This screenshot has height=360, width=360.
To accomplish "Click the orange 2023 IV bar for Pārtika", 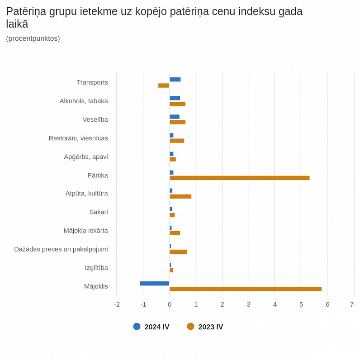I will [x=239, y=178].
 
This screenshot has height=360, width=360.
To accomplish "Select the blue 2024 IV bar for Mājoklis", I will [x=154, y=283].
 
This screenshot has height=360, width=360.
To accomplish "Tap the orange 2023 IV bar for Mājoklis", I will [x=246, y=289].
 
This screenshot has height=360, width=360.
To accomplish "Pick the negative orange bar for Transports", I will [x=164, y=85].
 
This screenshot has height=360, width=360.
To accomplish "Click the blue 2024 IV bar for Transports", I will [x=175, y=80].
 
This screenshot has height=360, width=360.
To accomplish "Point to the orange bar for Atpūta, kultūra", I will [x=180, y=196].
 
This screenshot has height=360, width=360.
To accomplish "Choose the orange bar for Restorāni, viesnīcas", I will [x=177, y=141].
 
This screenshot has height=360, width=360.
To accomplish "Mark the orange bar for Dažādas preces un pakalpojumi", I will [x=178, y=252].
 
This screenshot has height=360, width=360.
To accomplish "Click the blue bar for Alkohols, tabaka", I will [x=175, y=98].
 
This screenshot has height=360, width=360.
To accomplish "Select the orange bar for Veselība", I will [x=177, y=122].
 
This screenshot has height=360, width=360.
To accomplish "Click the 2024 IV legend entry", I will [x=152, y=327].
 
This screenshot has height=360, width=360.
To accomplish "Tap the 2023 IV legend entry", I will [x=205, y=327].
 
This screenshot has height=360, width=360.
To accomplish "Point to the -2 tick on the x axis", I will [x=117, y=304].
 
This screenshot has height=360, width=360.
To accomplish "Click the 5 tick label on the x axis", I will [x=301, y=304].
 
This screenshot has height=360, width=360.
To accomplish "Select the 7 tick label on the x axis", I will [x=352, y=304].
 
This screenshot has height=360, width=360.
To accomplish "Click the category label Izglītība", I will [x=96, y=268].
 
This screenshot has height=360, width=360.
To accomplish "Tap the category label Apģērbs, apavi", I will [x=86, y=157].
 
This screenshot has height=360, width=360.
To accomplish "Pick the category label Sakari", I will [x=99, y=212].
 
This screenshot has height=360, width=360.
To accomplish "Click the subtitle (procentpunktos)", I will [x=33, y=38].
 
